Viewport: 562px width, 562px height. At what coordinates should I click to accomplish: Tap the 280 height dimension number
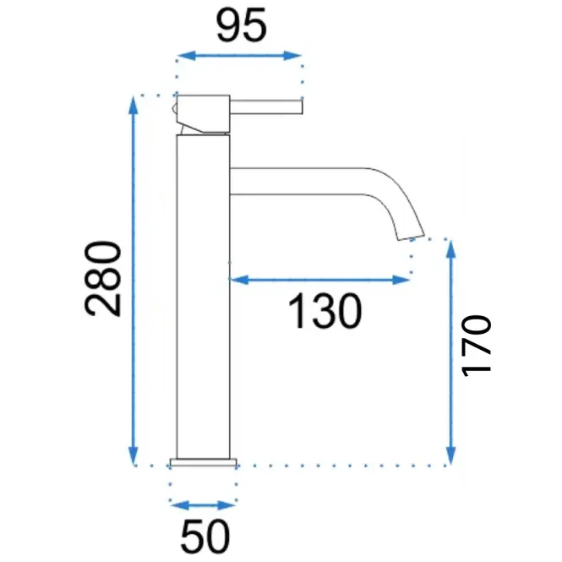[103, 279]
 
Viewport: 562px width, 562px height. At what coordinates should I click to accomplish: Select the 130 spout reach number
[325, 311]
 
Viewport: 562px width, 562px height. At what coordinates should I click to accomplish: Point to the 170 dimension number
[476, 346]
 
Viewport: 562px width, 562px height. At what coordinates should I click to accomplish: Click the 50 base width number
[205, 536]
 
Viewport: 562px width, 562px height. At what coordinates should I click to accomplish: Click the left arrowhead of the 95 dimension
[187, 56]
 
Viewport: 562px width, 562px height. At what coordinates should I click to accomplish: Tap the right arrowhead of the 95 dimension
[292, 56]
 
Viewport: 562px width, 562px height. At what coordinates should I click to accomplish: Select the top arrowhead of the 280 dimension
[133, 106]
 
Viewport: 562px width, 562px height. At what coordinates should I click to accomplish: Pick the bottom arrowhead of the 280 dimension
[133, 456]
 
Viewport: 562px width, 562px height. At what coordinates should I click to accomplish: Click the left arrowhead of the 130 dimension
[239, 280]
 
